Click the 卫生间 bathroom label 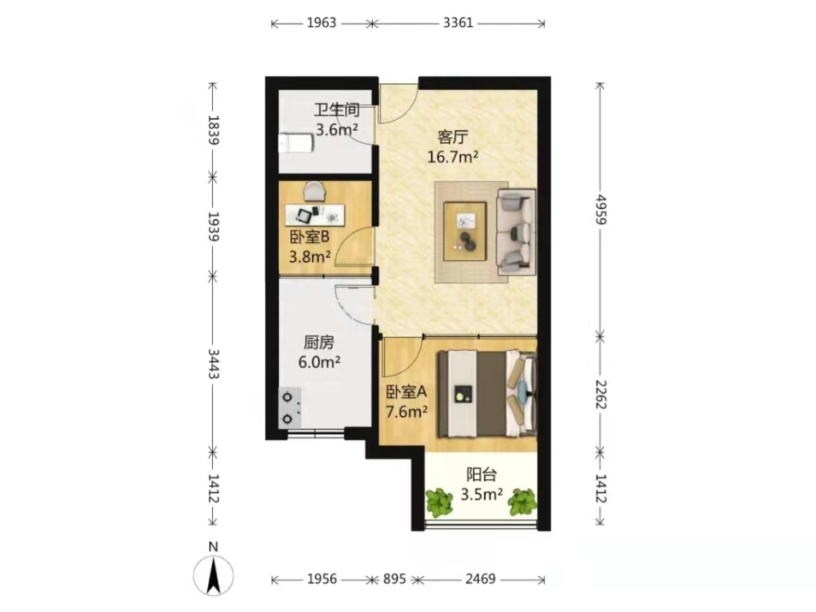pyautogui.click(x=337, y=110)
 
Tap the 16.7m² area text pyautogui.click(x=453, y=156)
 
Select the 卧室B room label pyautogui.click(x=309, y=237)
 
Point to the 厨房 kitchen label pyautogui.click(x=318, y=343)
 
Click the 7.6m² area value pyautogui.click(x=406, y=412)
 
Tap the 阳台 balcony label pyautogui.click(x=481, y=475)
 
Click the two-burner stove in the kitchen pyautogui.click(x=290, y=408)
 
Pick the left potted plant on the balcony pyautogui.click(x=440, y=502)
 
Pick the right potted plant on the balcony pyautogui.click(x=522, y=502)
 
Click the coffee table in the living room pyautogui.click(x=465, y=232)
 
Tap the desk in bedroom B pyautogui.click(x=315, y=215)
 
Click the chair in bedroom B pyautogui.click(x=314, y=191)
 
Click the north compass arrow pyautogui.click(x=213, y=575)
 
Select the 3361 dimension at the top pyautogui.click(x=458, y=23)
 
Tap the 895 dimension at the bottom pyautogui.click(x=394, y=579)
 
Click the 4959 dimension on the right pyautogui.click(x=601, y=209)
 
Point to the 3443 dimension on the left pyautogui.click(x=213, y=364)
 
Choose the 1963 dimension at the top pyautogui.click(x=322, y=23)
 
